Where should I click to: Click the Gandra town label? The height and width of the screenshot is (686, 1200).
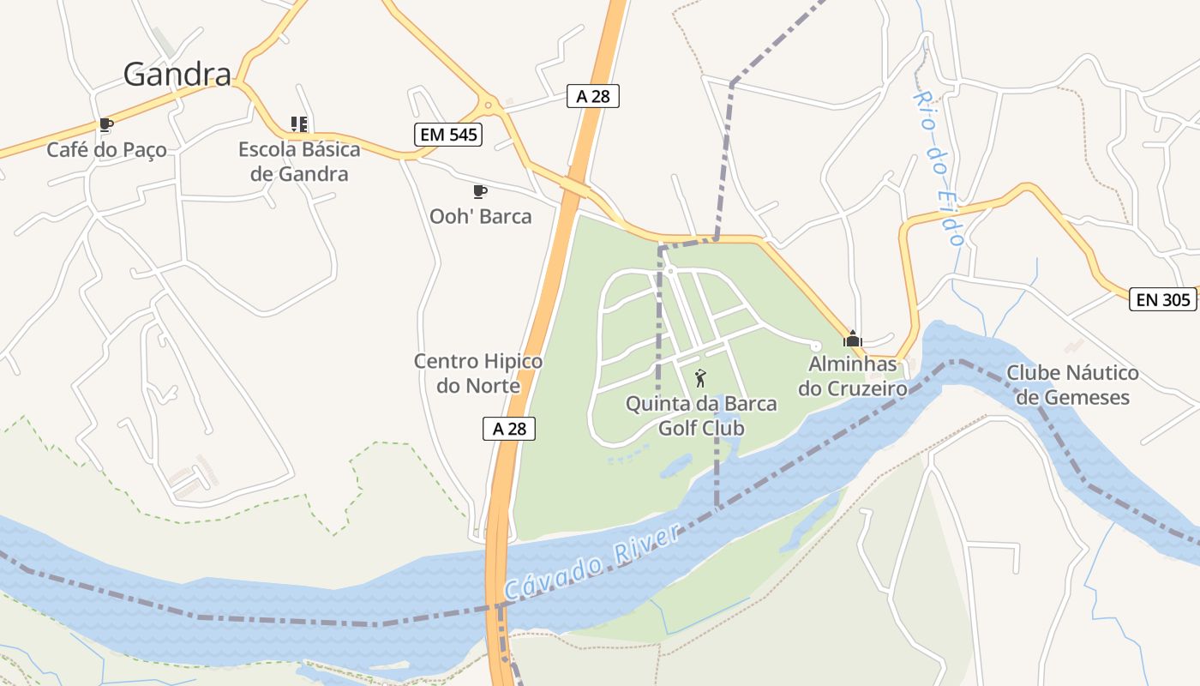pyautogui.click(x=177, y=75)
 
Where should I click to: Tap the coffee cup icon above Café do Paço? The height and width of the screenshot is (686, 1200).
pyautogui.click(x=105, y=125)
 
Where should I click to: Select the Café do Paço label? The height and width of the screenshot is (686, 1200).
pyautogui.click(x=106, y=150)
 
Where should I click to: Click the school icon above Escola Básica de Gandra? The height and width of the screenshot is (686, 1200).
pyautogui.click(x=298, y=124)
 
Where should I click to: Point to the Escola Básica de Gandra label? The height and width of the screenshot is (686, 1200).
pyautogui.click(x=299, y=161)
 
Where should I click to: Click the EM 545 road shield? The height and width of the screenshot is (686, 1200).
pyautogui.click(x=447, y=134)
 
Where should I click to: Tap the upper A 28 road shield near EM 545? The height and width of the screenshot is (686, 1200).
pyautogui.click(x=593, y=96)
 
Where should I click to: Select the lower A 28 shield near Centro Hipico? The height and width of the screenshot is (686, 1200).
pyautogui.click(x=509, y=428)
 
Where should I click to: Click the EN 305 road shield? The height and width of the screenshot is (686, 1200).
pyautogui.click(x=1163, y=299)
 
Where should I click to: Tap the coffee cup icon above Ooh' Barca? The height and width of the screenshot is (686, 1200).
pyautogui.click(x=480, y=191)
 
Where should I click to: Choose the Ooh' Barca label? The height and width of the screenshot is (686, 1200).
pyautogui.click(x=480, y=216)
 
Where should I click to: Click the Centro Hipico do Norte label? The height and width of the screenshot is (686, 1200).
pyautogui.click(x=478, y=373)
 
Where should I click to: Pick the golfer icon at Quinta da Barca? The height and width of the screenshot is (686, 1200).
pyautogui.click(x=700, y=377)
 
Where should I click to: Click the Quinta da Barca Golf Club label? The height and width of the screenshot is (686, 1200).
pyautogui.click(x=701, y=415)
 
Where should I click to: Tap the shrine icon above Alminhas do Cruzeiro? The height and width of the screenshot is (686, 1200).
pyautogui.click(x=853, y=338)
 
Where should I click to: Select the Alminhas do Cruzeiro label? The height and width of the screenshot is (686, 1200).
pyautogui.click(x=853, y=376)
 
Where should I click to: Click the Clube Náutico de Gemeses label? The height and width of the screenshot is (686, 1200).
pyautogui.click(x=1072, y=385)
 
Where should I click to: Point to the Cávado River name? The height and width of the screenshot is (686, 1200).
pyautogui.click(x=592, y=563)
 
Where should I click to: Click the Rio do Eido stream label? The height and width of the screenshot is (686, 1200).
pyautogui.click(x=939, y=166)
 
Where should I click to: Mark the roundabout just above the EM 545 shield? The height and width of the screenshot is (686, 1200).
pyautogui.click(x=489, y=105)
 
